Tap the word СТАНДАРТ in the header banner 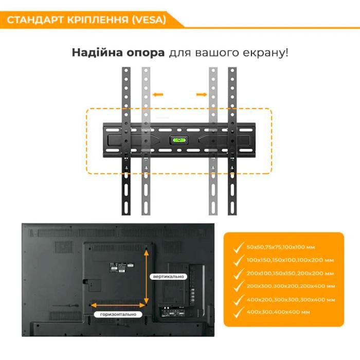click(34, 20)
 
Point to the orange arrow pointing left click(158, 95)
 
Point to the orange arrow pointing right click(201, 95)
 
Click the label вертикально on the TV click(168, 277)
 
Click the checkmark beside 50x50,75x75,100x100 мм click(238, 248)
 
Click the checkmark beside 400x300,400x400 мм click(238, 312)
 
